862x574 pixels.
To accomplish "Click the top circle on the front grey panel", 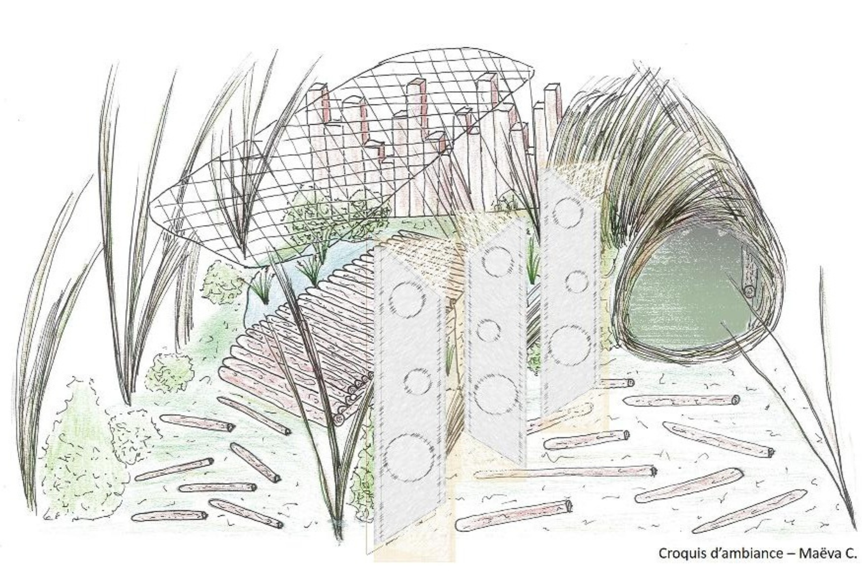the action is pyautogui.click(x=407, y=301).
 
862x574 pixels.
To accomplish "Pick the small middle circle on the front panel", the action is pyautogui.click(x=418, y=381).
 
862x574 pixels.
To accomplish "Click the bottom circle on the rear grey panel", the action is pyautogui.click(x=570, y=346).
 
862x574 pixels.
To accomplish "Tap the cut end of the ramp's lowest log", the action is pyautogui.click(x=339, y=420).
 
